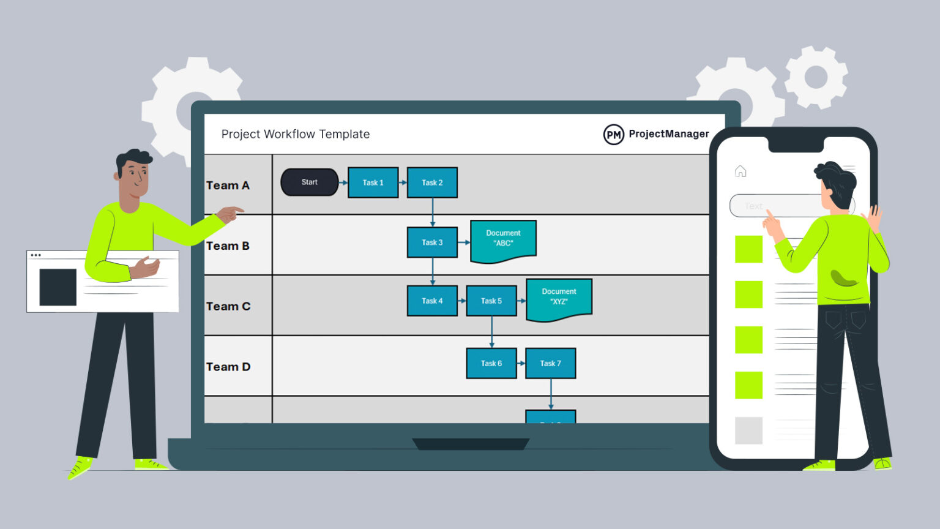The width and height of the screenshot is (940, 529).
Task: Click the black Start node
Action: pyautogui.click(x=309, y=182)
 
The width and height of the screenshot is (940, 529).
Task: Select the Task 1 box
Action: pyautogui.click(x=373, y=182)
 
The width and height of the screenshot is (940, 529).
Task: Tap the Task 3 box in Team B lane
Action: pyautogui.click(x=432, y=242)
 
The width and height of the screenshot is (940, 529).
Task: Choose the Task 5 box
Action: pyautogui.click(x=491, y=301)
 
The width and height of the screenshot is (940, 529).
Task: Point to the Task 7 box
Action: pyautogui.click(x=550, y=364)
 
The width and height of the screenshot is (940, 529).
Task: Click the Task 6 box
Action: pyautogui.click(x=491, y=364)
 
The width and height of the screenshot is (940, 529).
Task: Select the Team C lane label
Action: pyautogui.click(x=228, y=306)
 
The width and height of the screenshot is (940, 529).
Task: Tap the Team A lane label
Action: pyautogui.click(x=228, y=186)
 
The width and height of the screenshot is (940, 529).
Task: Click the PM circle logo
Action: pyautogui.click(x=613, y=135)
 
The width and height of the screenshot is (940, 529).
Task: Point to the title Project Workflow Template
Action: pyautogui.click(x=296, y=134)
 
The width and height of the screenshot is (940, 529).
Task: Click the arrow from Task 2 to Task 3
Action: pyautogui.click(x=433, y=212)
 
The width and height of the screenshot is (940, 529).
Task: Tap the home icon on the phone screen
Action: pyautogui.click(x=740, y=171)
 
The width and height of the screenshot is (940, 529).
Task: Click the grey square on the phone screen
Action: pyautogui.click(x=748, y=430)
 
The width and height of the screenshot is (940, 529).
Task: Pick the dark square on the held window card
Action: pyautogui.click(x=58, y=287)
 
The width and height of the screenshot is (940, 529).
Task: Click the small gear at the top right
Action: pyautogui.click(x=816, y=77)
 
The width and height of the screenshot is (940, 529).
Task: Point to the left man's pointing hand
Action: pyautogui.click(x=230, y=214)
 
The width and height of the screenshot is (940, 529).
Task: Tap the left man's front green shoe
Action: pyautogui.click(x=80, y=468)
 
